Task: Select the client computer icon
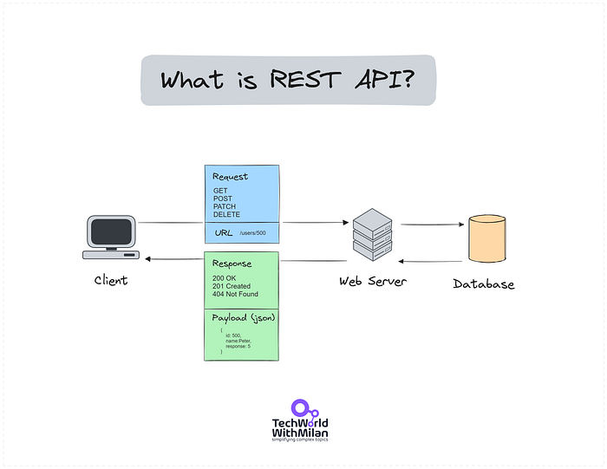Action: (112, 237)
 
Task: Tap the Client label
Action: (111, 280)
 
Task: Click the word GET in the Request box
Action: (220, 191)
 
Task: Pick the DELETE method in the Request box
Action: (227, 214)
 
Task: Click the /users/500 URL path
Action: (253, 234)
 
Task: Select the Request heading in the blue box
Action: (230, 176)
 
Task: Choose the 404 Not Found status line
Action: (235, 294)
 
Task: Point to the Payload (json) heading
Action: (244, 318)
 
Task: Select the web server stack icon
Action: (372, 234)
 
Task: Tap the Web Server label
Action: (373, 281)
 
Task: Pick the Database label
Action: (484, 283)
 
